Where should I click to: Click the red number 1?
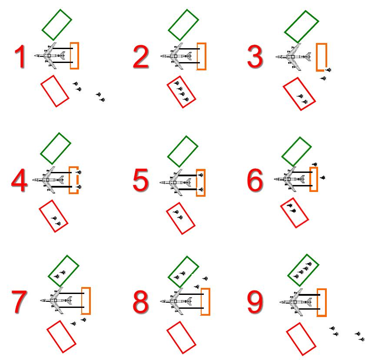[20, 56]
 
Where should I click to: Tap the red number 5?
[141, 180]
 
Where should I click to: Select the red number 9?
[255, 302]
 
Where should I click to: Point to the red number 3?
[255, 56]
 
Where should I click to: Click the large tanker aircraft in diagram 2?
[176, 56]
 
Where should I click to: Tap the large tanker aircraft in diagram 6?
[290, 179]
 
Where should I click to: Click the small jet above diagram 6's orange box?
[315, 164]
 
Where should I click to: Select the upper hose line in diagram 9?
[309, 295]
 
